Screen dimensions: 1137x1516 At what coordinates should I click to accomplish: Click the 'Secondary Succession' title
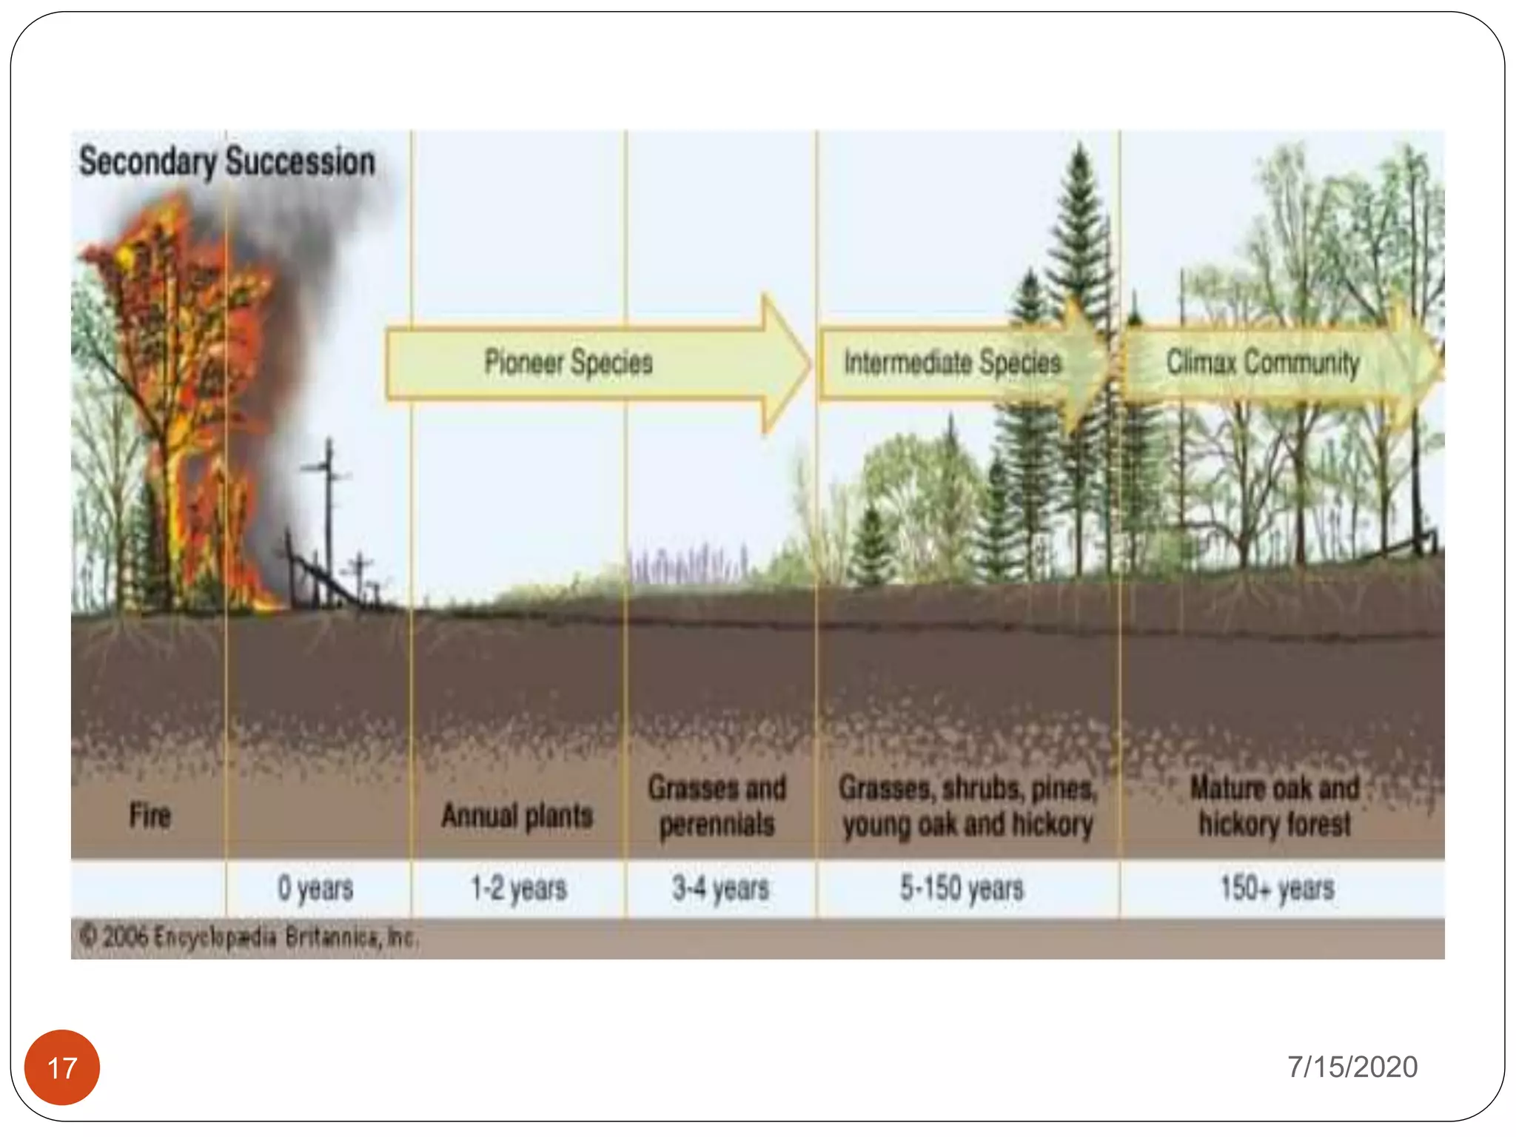pos(227,161)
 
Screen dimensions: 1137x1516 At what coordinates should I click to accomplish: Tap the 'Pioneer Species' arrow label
pos(568,363)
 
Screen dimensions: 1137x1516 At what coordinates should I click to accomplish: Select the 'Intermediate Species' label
pos(953,363)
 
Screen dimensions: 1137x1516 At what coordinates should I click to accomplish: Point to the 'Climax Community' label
pos(1263,363)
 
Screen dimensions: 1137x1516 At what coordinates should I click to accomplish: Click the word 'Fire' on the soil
pos(150,816)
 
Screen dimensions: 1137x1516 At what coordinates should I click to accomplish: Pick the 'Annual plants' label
pos(517,816)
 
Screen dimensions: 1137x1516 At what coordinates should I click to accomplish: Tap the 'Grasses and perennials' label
pos(717,806)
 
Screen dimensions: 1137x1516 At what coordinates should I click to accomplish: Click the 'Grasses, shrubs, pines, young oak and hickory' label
pos(967,806)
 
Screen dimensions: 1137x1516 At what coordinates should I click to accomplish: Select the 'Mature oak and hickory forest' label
pos(1275,806)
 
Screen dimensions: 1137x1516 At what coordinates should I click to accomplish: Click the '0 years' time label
pos(315,888)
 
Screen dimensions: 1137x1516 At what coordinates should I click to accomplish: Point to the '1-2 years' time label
pos(519,888)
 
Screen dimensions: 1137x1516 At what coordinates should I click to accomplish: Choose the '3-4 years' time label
pos(720,888)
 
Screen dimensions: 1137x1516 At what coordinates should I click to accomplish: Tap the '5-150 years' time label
pos(962,888)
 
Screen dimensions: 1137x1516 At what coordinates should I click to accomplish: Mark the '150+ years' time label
pos(1277,888)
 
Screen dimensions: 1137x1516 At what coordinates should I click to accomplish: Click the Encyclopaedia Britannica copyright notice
pos(249,938)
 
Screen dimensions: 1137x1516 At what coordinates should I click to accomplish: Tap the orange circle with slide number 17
pos(62,1067)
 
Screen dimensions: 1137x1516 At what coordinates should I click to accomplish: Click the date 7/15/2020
pos(1352,1067)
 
